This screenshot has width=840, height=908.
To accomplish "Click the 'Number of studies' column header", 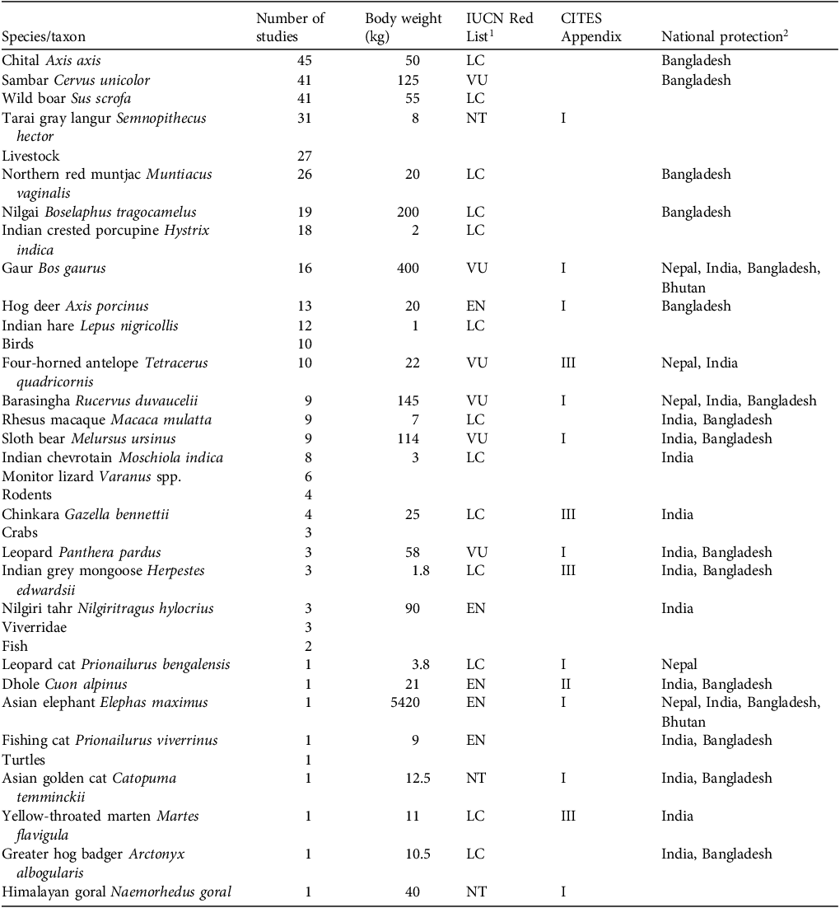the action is pos(290,27).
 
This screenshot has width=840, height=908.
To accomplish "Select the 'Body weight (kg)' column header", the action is pos(404,27).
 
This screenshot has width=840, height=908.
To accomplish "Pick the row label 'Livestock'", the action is pos(30,156).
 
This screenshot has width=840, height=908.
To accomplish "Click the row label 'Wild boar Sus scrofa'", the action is pos(67,99).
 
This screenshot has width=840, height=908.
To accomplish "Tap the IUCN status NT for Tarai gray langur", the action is pos(475,118).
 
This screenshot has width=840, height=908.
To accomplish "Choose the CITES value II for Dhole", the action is pos(565,684).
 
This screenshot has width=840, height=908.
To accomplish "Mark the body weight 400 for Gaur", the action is pos(406,268).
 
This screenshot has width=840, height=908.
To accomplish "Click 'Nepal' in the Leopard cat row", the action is pos(679,665).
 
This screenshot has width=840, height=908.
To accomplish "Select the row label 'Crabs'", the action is pos(20,532).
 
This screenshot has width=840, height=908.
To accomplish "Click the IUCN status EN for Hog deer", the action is pos(475,306).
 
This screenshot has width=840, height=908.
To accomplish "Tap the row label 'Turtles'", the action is pos(24,760).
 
